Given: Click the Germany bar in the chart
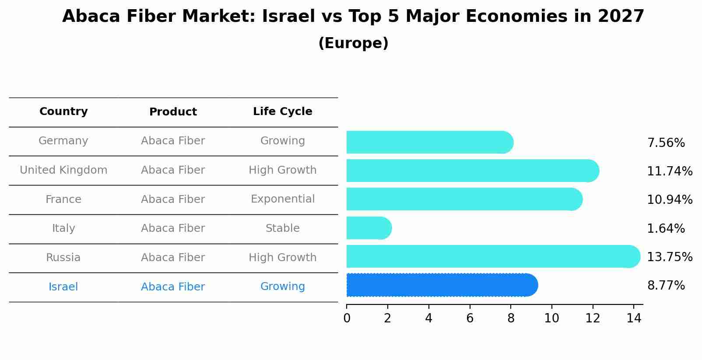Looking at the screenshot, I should (429, 142).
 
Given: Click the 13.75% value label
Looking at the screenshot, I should (669, 257).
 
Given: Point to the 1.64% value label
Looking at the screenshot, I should (665, 228).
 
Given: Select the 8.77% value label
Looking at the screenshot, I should (665, 286).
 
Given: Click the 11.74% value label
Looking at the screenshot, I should (669, 171).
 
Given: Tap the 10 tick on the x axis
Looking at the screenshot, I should (551, 318).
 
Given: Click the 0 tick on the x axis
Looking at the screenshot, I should (347, 318).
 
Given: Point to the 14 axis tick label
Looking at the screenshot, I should (633, 318).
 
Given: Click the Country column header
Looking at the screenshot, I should (63, 112).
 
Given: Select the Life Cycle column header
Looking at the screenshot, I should (282, 112).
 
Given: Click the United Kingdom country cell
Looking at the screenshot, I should (63, 170).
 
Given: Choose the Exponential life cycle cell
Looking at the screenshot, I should (282, 199).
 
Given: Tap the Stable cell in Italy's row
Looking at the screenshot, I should (282, 228).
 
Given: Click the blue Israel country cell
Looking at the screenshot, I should (63, 287).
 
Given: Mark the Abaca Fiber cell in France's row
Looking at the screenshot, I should (173, 199).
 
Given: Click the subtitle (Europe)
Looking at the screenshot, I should (353, 43).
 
